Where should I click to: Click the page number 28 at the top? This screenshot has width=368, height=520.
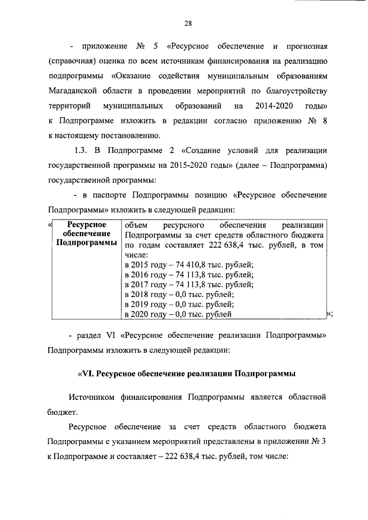187,24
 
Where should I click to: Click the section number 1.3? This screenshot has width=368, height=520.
83,151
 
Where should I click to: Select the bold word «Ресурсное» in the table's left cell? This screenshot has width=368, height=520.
85,225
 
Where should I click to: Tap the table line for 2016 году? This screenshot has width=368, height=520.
189,275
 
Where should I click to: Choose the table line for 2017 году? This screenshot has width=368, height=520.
189,284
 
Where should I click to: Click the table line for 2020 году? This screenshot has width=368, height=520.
178,314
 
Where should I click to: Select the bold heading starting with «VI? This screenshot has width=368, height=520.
186,374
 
